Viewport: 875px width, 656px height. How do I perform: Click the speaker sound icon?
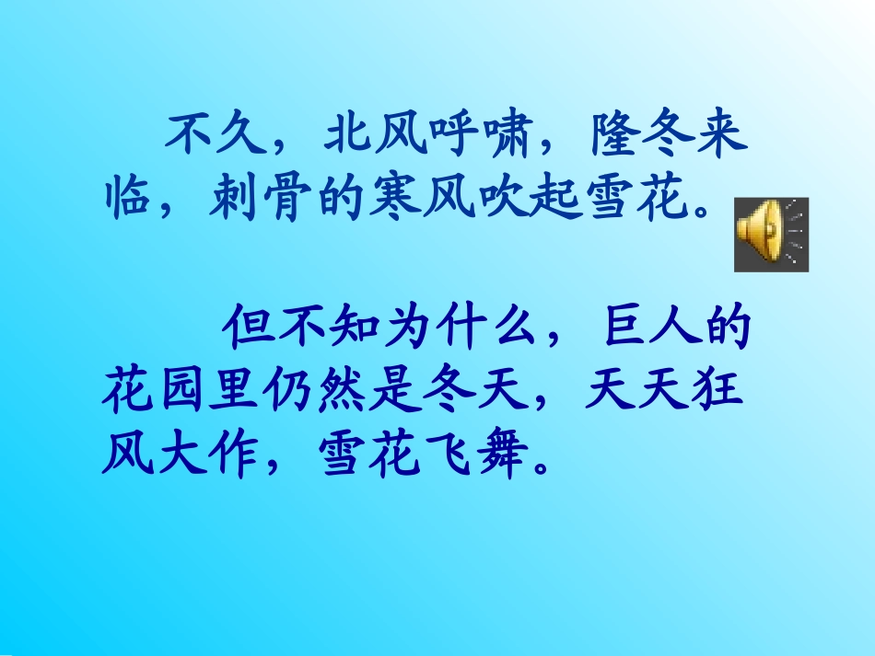coord(771,235)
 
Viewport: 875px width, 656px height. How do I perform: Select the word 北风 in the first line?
coord(376,138)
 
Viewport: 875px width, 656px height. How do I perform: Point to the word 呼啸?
coord(482,138)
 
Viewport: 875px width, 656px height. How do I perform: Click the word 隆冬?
coord(642,138)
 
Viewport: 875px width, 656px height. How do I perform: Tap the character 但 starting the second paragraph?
coord(244,328)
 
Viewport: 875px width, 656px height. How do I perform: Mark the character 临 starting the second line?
coord(126,200)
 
